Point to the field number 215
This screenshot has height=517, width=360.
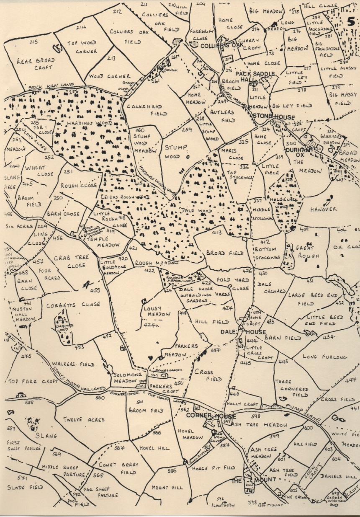tap(33, 42)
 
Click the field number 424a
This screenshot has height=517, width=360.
tap(151, 325)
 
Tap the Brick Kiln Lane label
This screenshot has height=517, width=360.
tap(45, 88)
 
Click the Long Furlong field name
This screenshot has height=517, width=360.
tap(325, 357)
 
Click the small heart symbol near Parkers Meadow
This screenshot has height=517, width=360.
tap(150, 358)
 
